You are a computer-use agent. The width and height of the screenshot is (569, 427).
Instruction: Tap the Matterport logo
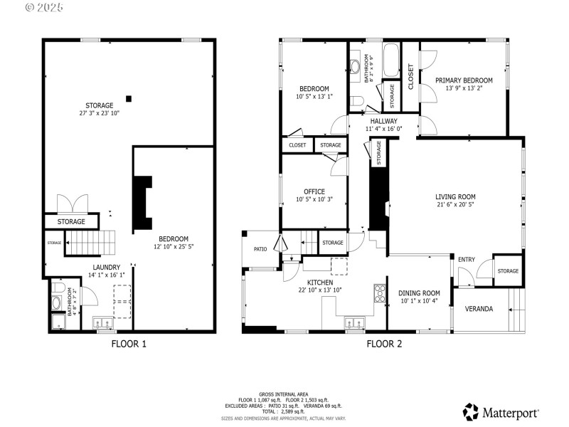click(x=501, y=412)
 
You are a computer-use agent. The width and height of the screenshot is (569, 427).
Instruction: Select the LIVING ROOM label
click(x=455, y=197)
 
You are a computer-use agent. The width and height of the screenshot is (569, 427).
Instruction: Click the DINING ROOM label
click(x=420, y=293)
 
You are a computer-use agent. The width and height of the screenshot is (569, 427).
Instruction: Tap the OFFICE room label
click(x=314, y=191)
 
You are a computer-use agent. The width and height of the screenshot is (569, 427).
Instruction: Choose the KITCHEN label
click(x=315, y=283)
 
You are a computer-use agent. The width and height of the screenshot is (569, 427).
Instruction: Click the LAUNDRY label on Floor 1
click(x=105, y=267)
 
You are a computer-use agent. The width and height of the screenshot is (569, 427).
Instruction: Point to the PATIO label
click(x=260, y=249)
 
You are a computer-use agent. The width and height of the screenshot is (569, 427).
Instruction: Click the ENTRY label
click(x=466, y=260)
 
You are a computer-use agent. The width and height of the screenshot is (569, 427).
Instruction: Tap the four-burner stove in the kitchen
click(x=380, y=292)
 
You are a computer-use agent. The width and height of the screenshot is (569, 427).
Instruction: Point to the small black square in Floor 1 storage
click(x=129, y=98)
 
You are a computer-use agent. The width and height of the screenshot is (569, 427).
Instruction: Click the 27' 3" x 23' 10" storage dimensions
click(x=100, y=113)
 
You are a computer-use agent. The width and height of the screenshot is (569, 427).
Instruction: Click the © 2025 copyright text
click(x=44, y=7)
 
